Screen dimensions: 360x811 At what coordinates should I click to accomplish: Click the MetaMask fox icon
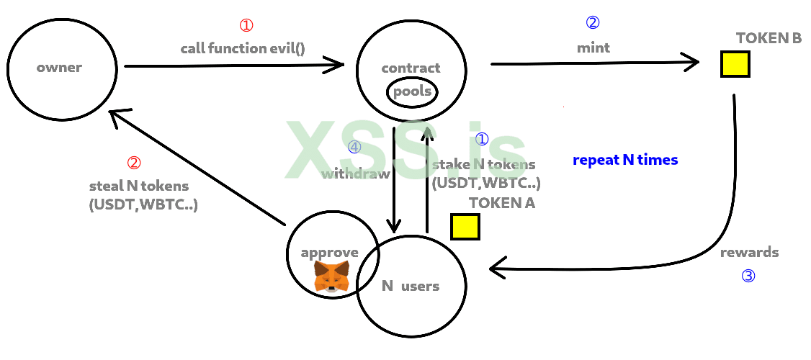coord(331,276)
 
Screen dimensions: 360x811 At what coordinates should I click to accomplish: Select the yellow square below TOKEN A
coord(465,226)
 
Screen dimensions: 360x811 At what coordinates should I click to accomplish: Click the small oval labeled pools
coord(412,91)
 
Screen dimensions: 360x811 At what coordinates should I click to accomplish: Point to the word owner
coord(59,68)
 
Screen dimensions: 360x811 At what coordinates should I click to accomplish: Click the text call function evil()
coord(243,49)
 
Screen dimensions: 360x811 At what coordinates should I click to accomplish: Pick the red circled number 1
coord(246,25)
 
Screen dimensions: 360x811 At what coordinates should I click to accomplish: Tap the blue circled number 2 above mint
coord(592,22)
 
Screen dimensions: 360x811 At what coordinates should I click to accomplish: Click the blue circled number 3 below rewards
coord(748,275)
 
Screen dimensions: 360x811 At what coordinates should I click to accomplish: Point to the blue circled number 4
coord(354,147)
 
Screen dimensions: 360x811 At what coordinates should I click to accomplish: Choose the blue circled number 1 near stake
coord(482,139)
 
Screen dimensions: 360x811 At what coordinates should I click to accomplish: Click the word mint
coord(593,48)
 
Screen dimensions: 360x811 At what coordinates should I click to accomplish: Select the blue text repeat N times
coord(625,160)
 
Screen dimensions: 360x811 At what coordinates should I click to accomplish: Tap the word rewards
coord(749,252)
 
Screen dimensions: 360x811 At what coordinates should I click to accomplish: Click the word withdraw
coord(356,174)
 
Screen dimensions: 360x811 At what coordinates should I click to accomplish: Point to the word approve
coord(330,252)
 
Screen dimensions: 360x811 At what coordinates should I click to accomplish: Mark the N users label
coord(410,286)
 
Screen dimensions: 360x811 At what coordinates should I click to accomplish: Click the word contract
coord(411,68)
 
